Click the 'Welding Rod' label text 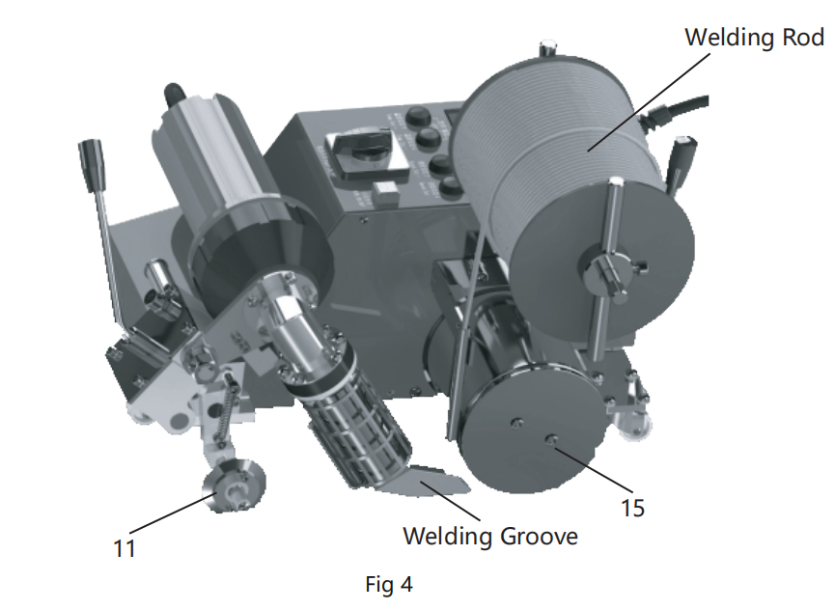[754, 38]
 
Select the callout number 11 [123, 548]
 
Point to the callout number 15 [632, 506]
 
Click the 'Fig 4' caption [389, 584]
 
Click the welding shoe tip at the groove [430, 480]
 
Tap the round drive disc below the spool [526, 430]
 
